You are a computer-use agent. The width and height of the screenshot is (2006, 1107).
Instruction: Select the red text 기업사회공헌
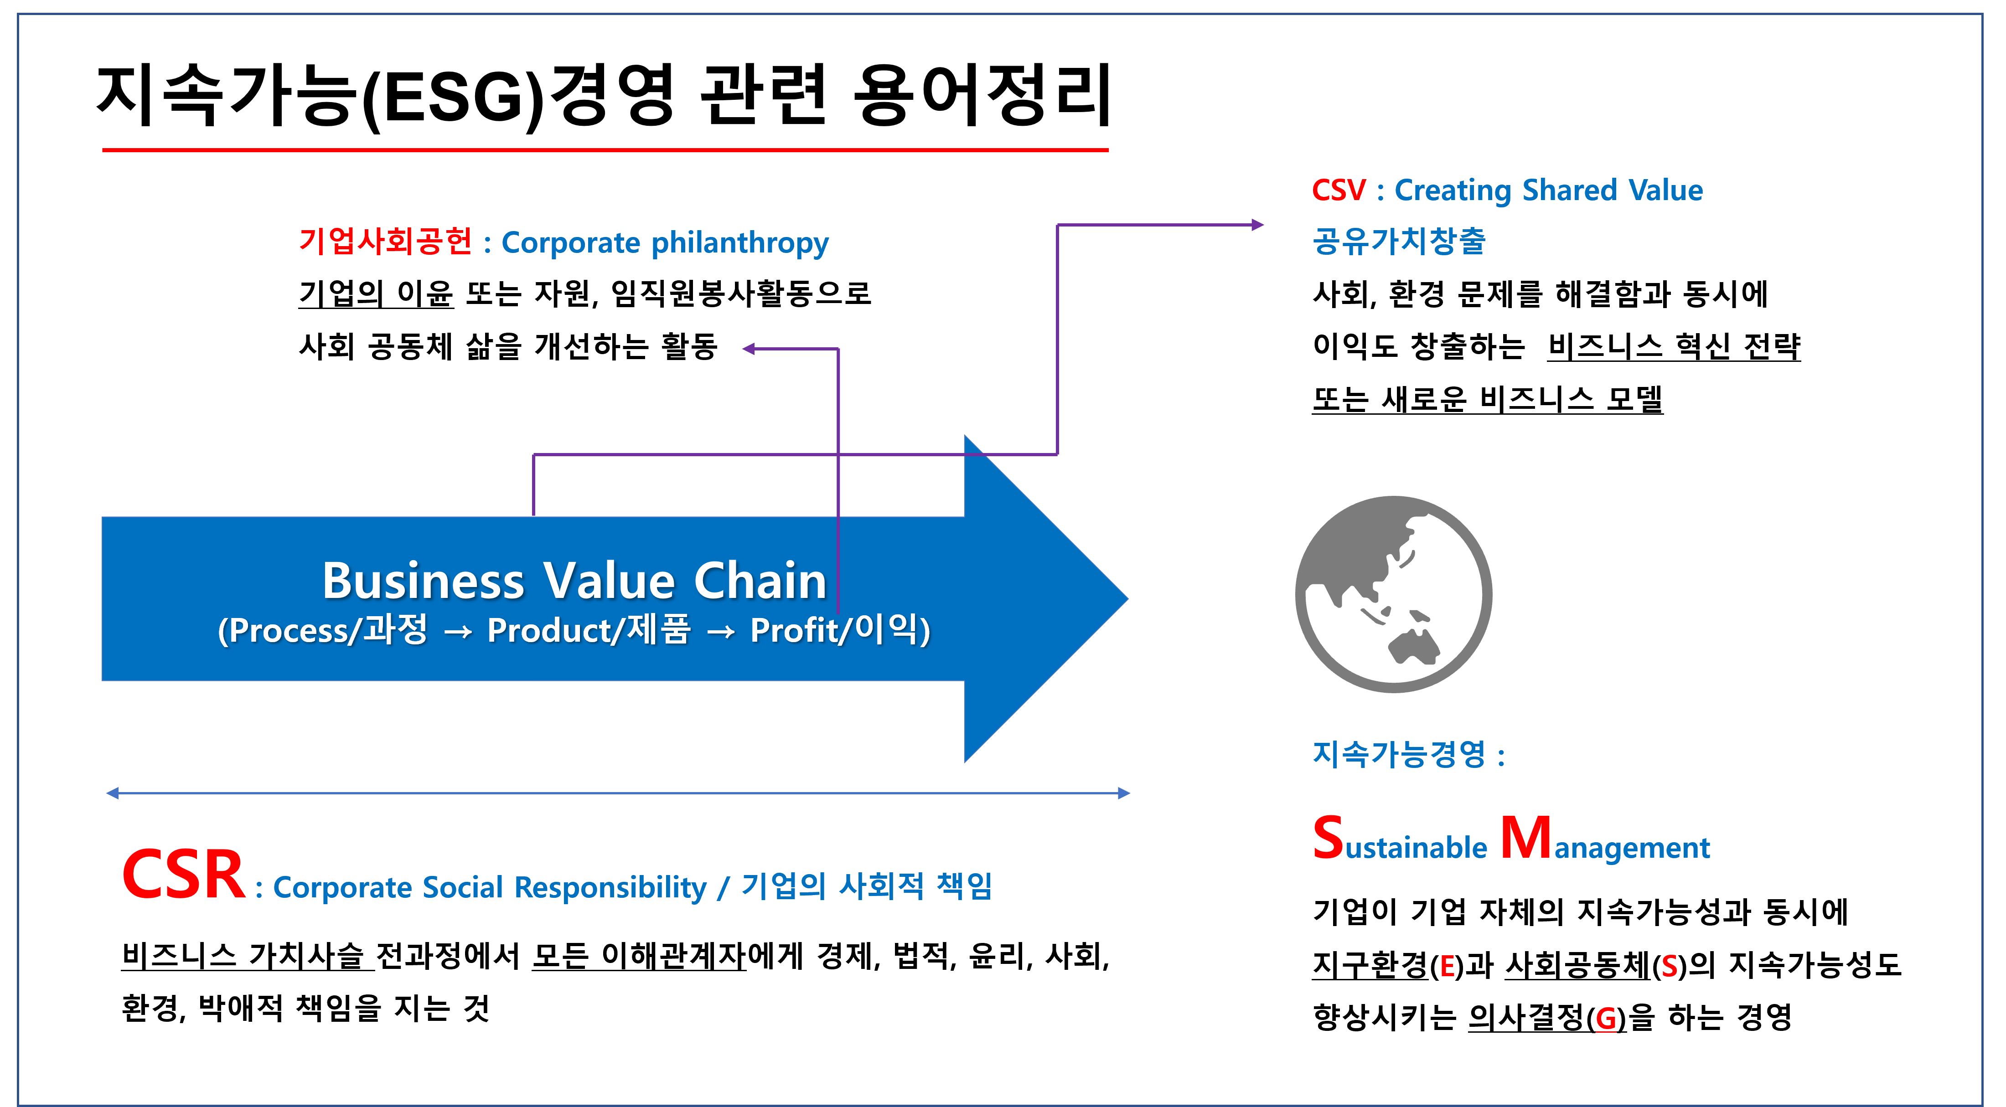click(385, 242)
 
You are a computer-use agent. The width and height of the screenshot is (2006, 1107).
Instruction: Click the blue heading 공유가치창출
click(1399, 242)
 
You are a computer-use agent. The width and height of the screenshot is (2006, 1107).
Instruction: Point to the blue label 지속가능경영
click(1399, 753)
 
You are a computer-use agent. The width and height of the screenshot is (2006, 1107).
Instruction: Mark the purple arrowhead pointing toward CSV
click(1257, 225)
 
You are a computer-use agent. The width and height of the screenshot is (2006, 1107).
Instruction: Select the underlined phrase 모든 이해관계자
click(639, 956)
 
